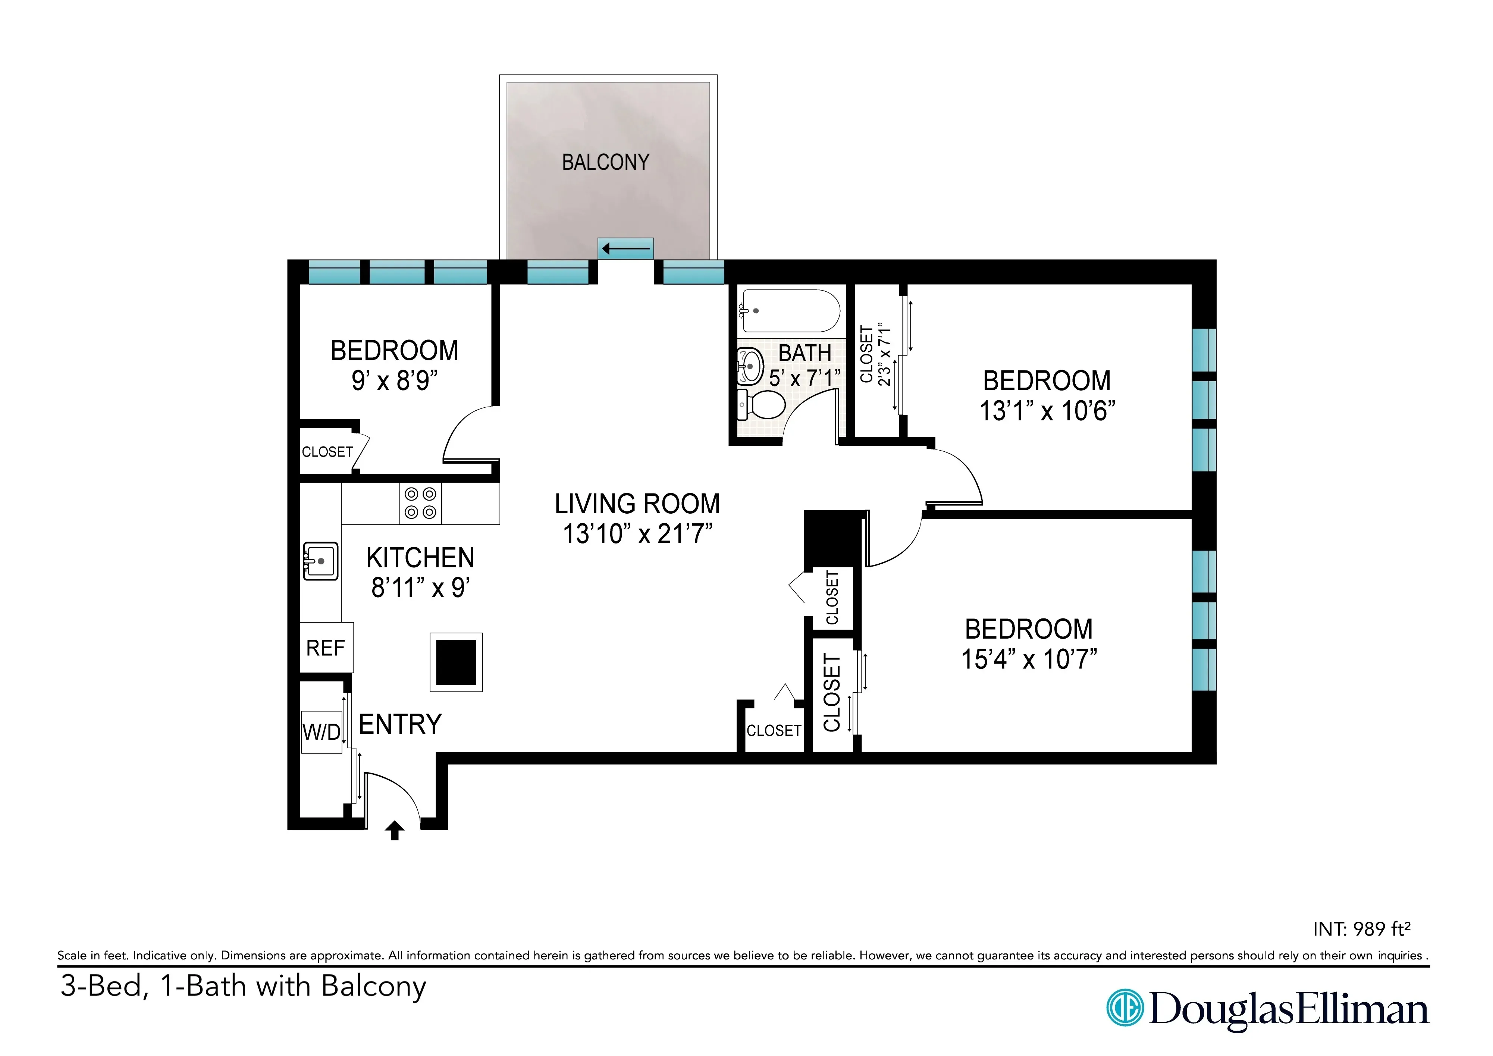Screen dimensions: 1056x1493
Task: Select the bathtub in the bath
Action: point(790,311)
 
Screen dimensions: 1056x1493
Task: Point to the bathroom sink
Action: point(750,366)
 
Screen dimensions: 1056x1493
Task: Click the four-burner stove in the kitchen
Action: point(420,503)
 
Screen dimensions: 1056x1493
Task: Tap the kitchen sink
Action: point(320,561)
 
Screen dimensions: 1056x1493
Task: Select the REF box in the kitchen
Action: point(326,648)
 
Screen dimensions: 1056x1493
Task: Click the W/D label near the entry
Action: point(321,732)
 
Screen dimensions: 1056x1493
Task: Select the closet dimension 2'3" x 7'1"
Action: point(884,354)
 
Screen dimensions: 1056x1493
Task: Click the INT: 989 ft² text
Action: point(1361,929)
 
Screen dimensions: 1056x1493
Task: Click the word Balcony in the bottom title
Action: point(373,986)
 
